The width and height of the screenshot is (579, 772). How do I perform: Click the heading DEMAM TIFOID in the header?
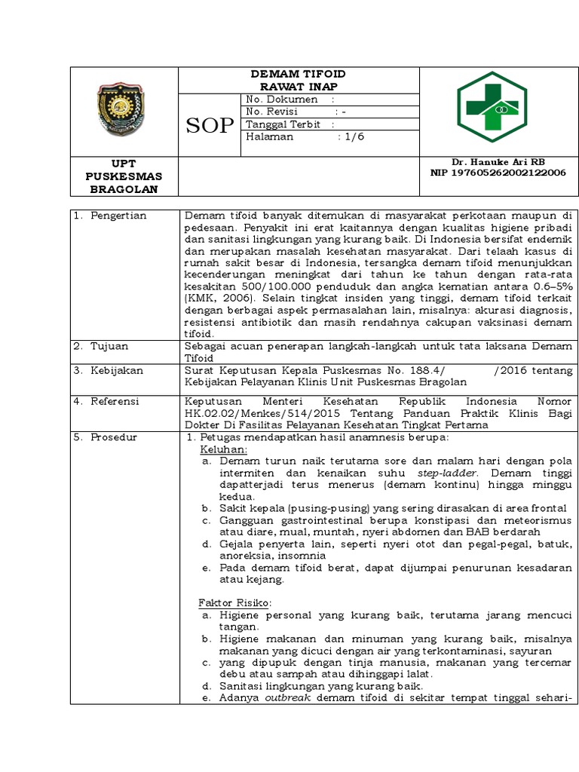[x=298, y=74]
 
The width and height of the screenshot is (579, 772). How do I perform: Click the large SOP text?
[x=210, y=126]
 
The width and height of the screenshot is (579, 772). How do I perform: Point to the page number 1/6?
[x=354, y=137]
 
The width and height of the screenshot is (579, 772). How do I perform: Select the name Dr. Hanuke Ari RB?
[x=498, y=162]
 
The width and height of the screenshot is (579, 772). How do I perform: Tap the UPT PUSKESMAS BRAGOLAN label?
[x=124, y=176]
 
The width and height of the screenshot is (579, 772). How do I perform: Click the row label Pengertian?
[x=118, y=216]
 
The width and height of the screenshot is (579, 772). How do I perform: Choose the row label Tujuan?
[x=110, y=346]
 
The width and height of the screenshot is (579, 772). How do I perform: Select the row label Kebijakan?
[x=117, y=371]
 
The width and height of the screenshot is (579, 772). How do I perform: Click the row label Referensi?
[x=115, y=401]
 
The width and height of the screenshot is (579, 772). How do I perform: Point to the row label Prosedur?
[x=114, y=437]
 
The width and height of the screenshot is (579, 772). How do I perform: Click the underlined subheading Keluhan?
[x=219, y=449]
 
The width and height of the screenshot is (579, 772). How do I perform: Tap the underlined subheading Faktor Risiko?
[x=234, y=603]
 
